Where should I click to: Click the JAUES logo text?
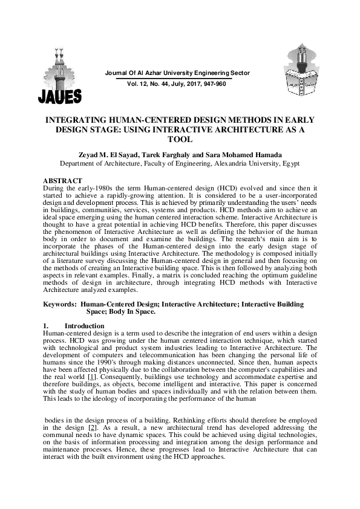(x=60, y=96)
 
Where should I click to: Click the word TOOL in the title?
(x=180, y=138)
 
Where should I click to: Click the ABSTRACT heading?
(x=63, y=181)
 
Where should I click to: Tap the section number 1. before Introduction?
(x=47, y=326)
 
